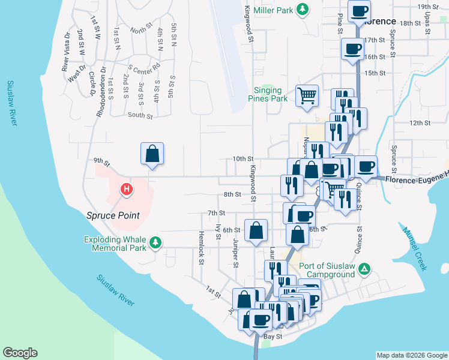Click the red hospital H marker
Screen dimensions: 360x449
pos(127,190)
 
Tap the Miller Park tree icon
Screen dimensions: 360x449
pos(304,10)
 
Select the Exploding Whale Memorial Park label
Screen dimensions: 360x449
pos(115,242)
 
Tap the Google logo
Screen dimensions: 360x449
pos(20,353)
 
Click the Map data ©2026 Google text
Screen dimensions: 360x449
pos(412,355)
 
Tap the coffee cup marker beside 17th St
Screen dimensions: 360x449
pos(352,49)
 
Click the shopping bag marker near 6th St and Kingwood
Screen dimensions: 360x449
pos(256,230)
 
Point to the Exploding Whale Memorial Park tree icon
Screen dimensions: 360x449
pos(156,242)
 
